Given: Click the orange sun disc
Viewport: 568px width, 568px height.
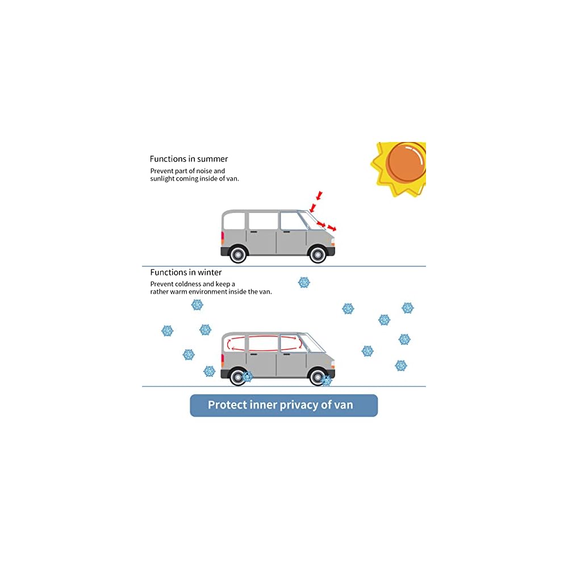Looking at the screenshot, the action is click(x=406, y=161).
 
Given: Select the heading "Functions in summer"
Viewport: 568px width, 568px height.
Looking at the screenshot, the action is click(x=189, y=159).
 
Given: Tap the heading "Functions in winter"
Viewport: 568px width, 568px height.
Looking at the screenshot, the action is click(x=186, y=273).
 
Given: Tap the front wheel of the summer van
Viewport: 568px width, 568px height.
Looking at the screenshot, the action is click(x=318, y=253).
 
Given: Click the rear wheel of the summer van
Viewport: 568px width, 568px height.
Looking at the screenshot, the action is click(x=238, y=253).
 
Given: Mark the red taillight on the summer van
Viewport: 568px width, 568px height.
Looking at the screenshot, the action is click(x=223, y=237).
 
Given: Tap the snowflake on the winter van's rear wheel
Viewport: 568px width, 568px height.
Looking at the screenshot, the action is click(x=247, y=376).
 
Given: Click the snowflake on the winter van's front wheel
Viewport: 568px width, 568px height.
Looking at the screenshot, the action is click(x=326, y=381).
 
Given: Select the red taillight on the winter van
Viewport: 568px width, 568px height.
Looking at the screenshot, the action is click(x=223, y=359).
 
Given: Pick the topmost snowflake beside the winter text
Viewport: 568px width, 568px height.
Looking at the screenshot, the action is click(x=304, y=282).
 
